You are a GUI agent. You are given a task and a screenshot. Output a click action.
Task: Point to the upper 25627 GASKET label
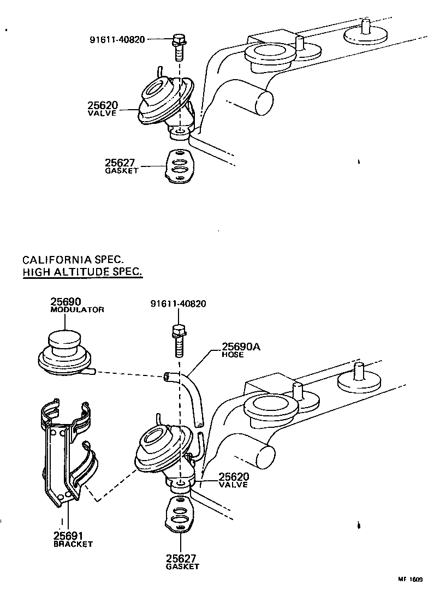(x=122, y=165)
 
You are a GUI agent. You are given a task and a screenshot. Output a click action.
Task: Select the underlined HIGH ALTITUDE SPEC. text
(x=82, y=272)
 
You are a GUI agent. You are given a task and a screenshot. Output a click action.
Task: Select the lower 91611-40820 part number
(x=178, y=304)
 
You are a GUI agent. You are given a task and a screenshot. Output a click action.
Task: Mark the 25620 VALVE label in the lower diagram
(x=233, y=480)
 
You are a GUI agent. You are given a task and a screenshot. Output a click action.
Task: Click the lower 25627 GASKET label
(x=182, y=562)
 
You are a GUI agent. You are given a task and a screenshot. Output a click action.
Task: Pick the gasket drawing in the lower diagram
(x=179, y=514)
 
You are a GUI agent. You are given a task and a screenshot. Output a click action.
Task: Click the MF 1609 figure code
(x=409, y=580)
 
